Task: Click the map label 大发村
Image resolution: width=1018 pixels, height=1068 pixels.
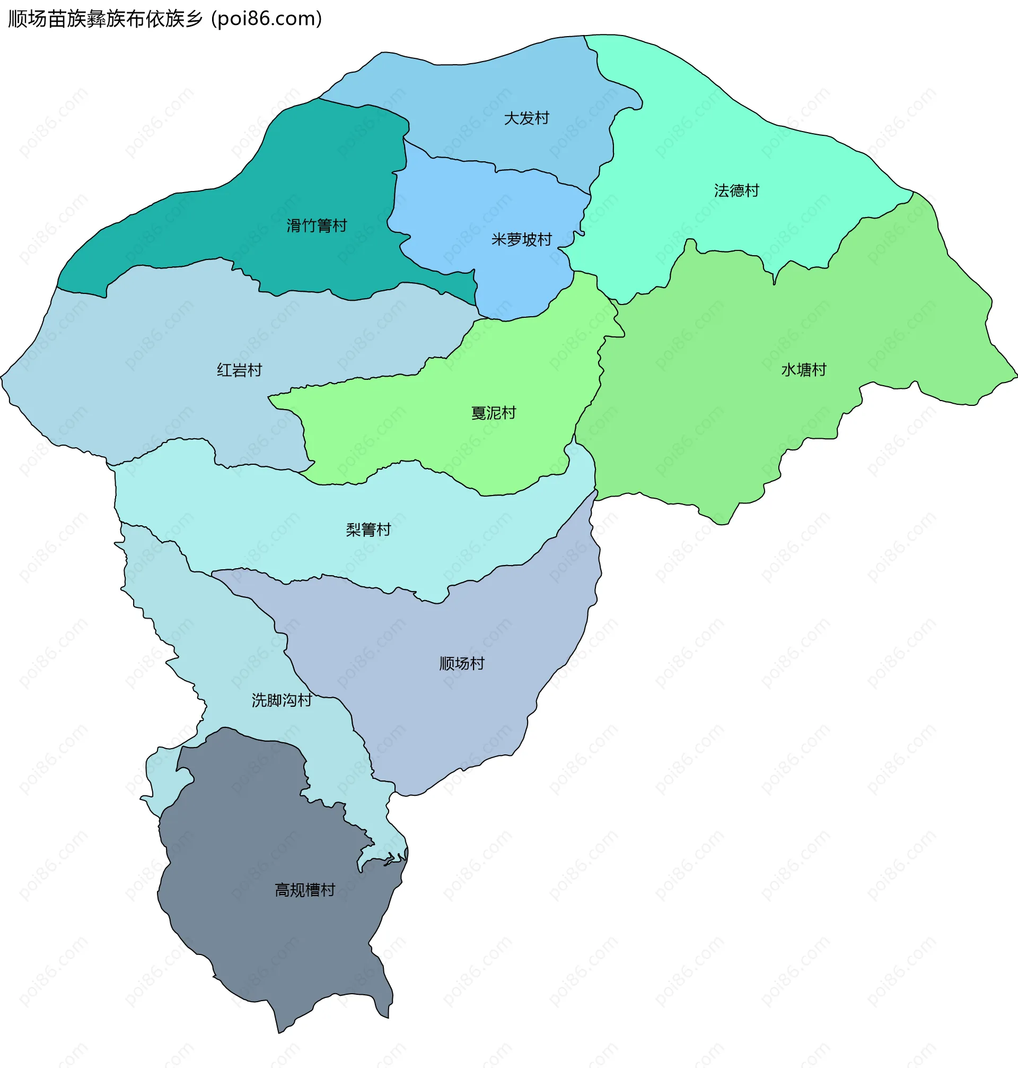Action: point(526,118)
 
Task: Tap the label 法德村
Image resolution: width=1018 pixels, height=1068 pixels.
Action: point(736,190)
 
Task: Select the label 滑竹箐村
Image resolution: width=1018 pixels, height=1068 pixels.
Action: point(317,225)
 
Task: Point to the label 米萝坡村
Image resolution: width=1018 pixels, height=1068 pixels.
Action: point(522,239)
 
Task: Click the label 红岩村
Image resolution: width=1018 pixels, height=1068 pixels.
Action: point(239,370)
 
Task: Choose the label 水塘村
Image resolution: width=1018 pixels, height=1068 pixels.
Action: point(804,370)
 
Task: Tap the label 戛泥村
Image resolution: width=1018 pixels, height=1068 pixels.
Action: point(493,413)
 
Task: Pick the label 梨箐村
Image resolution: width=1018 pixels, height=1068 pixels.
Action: point(368,529)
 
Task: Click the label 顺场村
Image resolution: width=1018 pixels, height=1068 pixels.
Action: point(462,663)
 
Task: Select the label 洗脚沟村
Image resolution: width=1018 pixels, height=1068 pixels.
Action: point(282,700)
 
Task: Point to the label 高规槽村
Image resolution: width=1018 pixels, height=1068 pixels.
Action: point(305,890)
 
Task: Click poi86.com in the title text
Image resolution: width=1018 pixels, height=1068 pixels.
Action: point(266,19)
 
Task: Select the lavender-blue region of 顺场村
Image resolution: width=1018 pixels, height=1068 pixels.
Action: point(434,706)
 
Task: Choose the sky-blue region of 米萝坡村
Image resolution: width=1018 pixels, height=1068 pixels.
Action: point(478,217)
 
